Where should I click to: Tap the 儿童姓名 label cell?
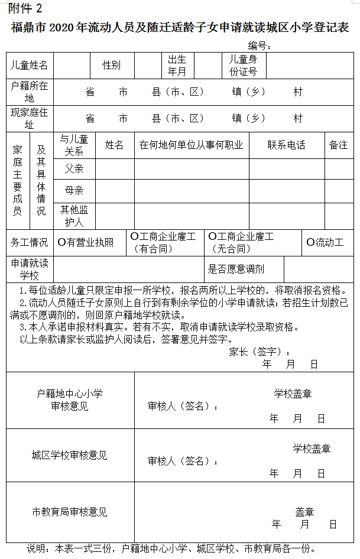tap(29, 66)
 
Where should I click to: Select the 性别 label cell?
tap(111, 66)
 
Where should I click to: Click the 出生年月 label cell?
tap(177, 66)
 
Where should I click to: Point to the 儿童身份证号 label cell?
tap(243, 66)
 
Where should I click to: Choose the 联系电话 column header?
tap(286, 145)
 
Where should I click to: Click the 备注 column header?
tap(339, 145)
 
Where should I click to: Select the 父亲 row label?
tap(74, 169)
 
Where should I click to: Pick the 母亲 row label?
tap(74, 190)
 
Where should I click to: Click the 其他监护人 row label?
tap(74, 216)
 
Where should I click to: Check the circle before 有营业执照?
tap(61, 242)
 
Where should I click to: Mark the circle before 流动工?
tap(310, 242)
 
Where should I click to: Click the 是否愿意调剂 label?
tap(236, 269)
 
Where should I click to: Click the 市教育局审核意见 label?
tap(70, 512)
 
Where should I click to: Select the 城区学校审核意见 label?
tap(70, 456)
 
